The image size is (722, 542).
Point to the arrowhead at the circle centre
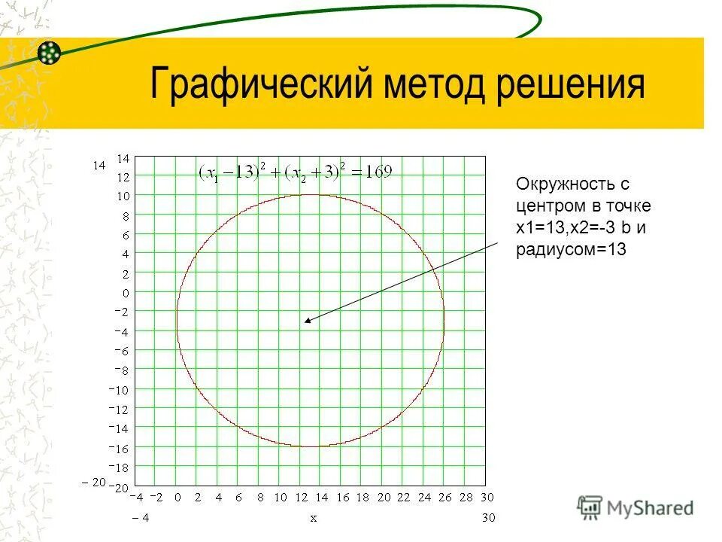point(308,321)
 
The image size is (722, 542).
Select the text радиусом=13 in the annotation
point(572,251)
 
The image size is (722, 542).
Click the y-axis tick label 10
point(123,196)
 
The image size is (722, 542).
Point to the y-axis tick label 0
point(126,293)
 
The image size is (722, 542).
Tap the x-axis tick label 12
point(302,498)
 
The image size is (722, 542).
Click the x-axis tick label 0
point(178,498)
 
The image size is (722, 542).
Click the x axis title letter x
point(313,518)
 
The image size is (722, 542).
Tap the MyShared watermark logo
point(636,507)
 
